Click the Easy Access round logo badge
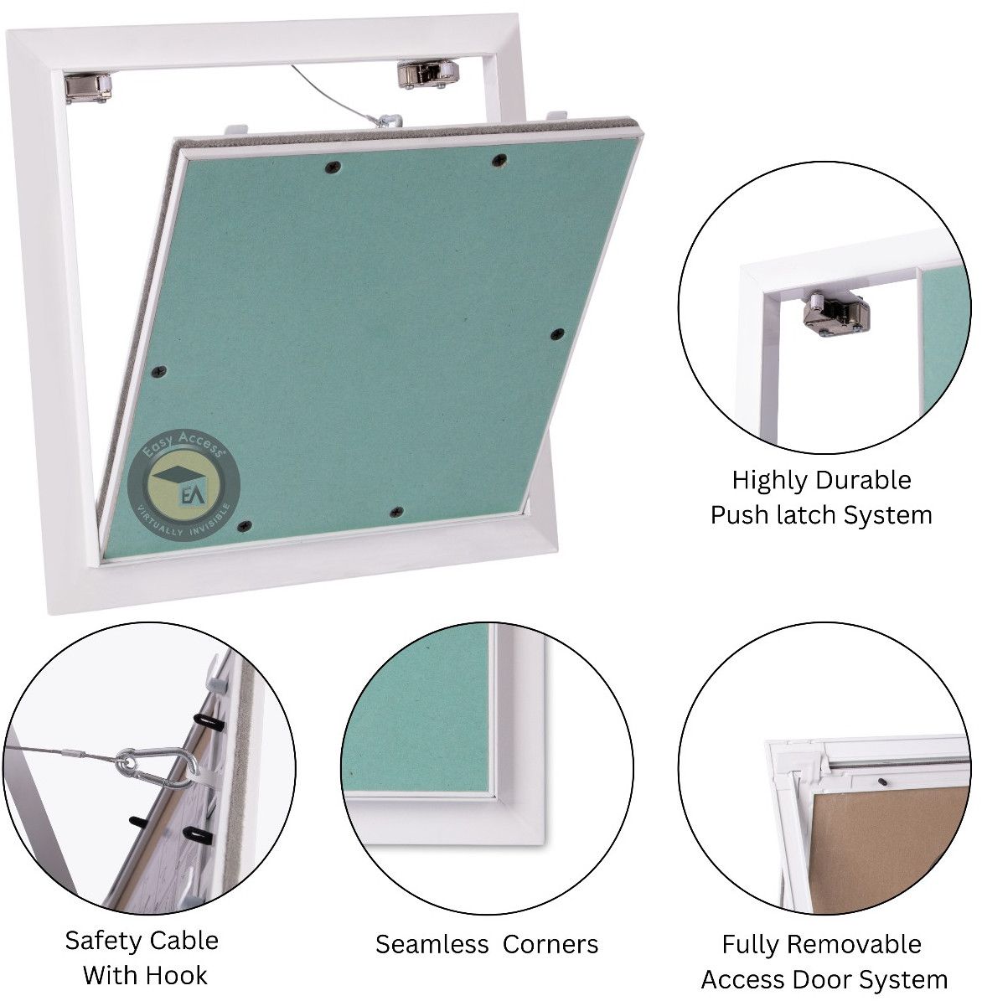point(183,485)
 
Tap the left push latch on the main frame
point(88,87)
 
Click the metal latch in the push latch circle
point(836,312)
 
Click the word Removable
point(862,944)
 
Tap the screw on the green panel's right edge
point(557,333)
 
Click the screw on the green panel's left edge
point(160,371)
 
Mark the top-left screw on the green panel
point(333,168)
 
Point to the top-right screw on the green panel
point(499,160)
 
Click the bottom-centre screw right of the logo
point(396,512)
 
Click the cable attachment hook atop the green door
point(387,120)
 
